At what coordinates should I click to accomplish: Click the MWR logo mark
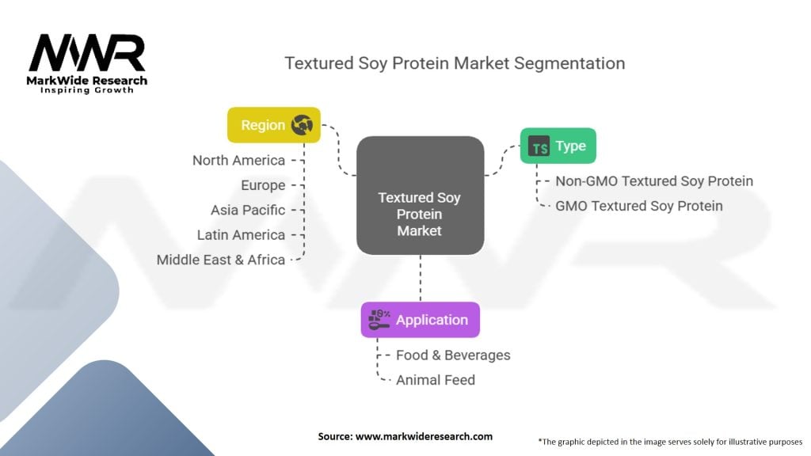tap(87, 53)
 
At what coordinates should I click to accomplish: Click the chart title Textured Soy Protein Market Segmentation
tap(455, 63)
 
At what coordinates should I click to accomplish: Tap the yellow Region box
tap(273, 125)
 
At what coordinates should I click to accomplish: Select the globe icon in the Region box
tap(302, 125)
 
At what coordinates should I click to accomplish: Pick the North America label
tap(238, 161)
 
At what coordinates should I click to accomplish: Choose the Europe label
tap(263, 185)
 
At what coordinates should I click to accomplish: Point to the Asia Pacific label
tap(248, 211)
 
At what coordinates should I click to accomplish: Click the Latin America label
tap(241, 235)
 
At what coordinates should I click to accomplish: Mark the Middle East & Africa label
tap(221, 260)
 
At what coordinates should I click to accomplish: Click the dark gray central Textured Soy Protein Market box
tap(420, 196)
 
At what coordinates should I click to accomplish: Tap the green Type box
tap(558, 146)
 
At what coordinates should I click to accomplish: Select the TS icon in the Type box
tap(539, 146)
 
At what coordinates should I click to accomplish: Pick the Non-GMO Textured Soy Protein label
tap(654, 181)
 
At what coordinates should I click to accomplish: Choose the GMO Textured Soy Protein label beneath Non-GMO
tap(639, 207)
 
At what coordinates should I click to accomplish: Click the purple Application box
tap(421, 320)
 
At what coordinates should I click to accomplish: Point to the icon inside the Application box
tap(379, 320)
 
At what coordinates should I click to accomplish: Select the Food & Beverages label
tap(453, 355)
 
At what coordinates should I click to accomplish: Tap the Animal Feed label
tap(436, 380)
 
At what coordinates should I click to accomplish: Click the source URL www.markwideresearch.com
tap(425, 436)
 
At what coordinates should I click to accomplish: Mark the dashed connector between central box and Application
tap(421, 278)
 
